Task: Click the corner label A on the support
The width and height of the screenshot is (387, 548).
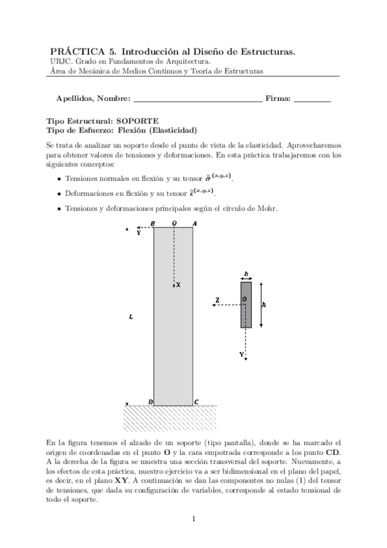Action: click(195, 224)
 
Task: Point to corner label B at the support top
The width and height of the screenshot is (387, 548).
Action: click(152, 224)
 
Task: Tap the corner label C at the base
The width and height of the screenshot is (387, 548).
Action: click(196, 402)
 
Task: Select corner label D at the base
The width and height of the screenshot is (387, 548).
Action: click(150, 402)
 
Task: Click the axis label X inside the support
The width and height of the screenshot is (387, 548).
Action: click(178, 284)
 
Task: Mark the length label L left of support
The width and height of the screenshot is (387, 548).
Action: click(131, 317)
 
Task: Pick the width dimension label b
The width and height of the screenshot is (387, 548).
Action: click(246, 274)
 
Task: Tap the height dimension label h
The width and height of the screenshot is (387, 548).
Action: click(265, 305)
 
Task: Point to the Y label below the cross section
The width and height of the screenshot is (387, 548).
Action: click(242, 355)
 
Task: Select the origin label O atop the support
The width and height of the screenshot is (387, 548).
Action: click(173, 224)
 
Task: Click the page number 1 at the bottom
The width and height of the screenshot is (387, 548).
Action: click(194, 518)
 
